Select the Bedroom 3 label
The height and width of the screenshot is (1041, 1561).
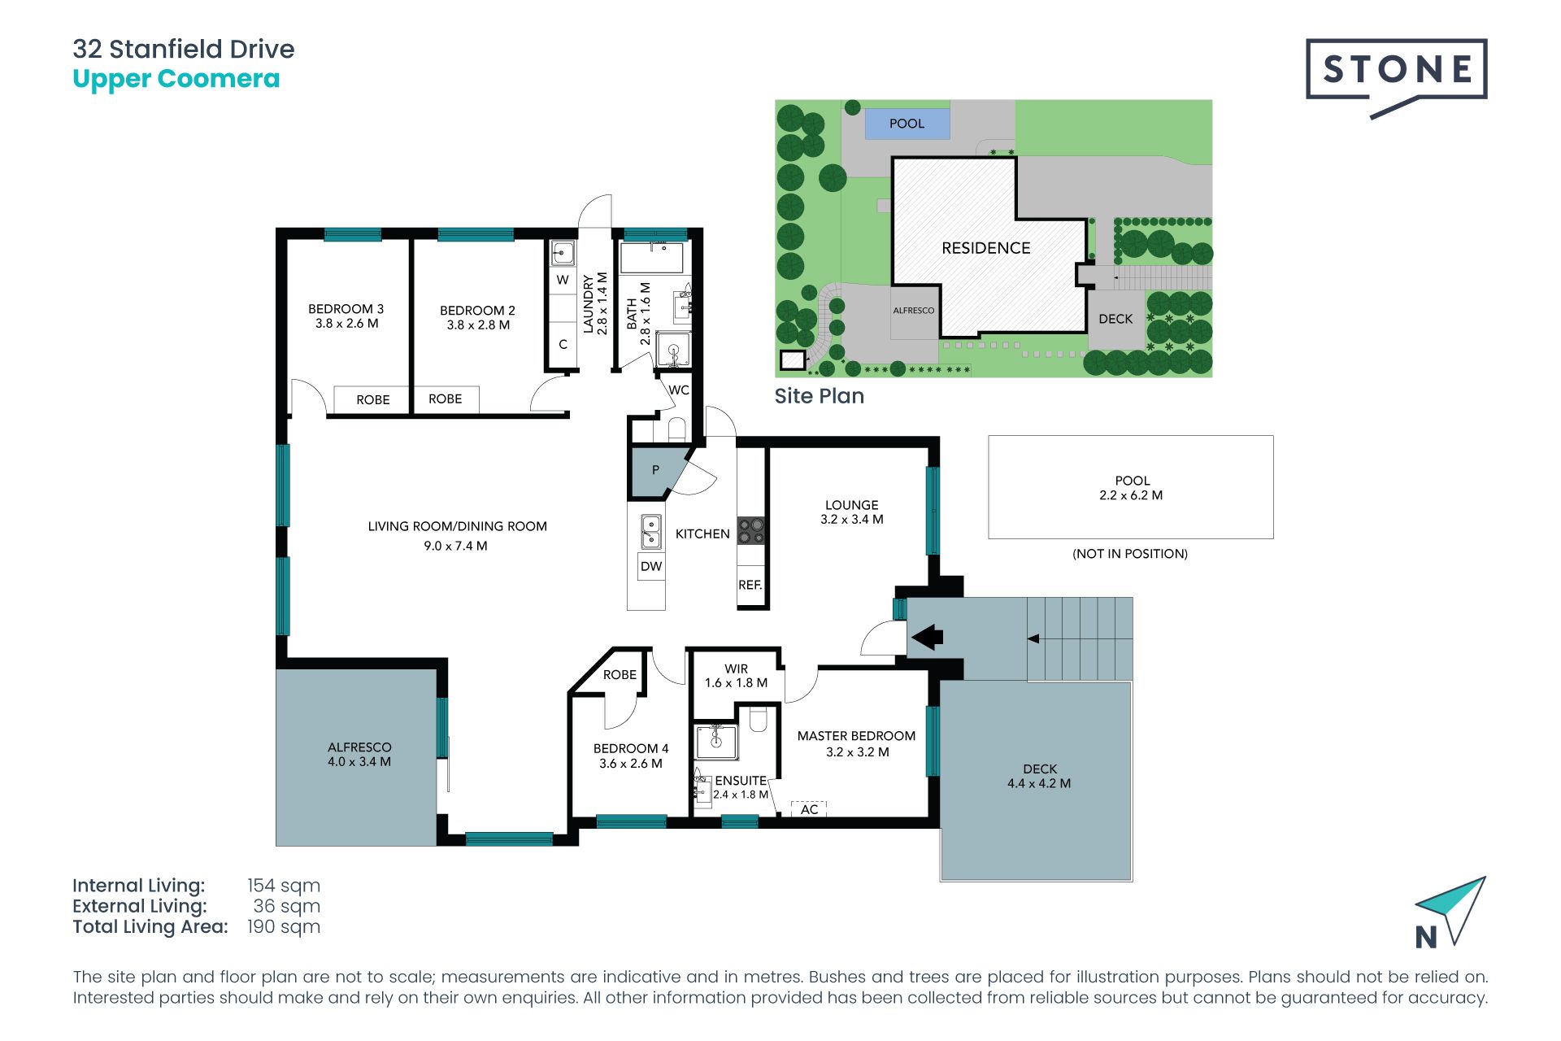[346, 316]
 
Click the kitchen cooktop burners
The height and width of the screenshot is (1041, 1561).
[751, 531]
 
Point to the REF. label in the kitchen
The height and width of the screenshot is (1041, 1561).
[750, 585]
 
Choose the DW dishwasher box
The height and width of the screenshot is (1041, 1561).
[651, 567]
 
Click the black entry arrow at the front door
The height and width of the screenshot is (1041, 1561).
[927, 637]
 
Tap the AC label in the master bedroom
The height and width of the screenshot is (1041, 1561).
[809, 809]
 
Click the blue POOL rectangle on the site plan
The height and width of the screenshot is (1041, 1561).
[907, 124]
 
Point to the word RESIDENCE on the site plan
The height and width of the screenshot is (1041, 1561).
[985, 248]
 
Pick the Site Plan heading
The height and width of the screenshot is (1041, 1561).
[820, 396]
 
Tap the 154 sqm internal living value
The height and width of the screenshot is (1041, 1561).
[284, 886]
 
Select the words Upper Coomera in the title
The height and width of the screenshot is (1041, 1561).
[176, 79]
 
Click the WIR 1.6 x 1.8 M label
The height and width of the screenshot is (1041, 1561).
[736, 676]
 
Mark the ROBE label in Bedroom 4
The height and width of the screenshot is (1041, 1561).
[620, 675]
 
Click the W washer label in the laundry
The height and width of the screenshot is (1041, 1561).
[563, 280]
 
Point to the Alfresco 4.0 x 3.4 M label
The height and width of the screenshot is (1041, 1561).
[359, 755]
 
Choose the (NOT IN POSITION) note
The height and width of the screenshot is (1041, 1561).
[1130, 554]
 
